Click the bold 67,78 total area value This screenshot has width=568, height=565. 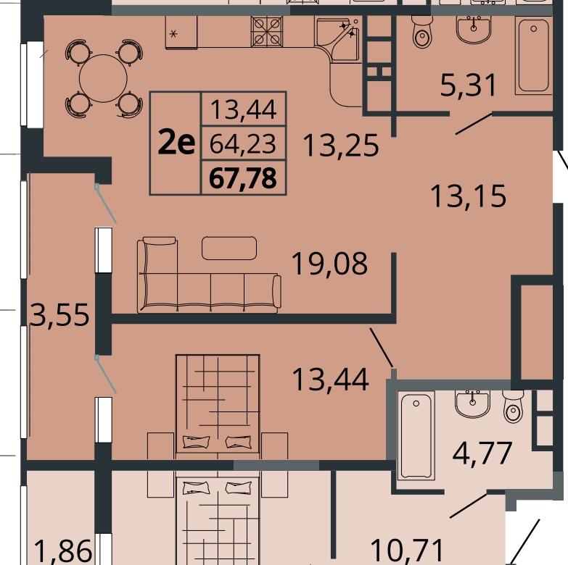tap(243, 178)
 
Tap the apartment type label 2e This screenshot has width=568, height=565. tap(177, 143)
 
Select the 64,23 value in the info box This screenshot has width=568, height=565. tap(243, 143)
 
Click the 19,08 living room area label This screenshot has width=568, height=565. tap(329, 264)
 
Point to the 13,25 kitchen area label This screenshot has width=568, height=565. tap(341, 146)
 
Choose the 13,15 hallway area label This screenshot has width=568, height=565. tap(468, 196)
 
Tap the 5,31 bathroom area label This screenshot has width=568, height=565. tap(468, 85)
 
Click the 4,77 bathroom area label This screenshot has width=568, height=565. tap(482, 453)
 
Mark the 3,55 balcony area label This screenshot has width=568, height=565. tap(59, 314)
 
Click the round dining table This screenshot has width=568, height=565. tap(103, 78)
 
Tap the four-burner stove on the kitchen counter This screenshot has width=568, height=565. tap(267, 31)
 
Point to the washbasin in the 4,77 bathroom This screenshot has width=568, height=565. tap(473, 403)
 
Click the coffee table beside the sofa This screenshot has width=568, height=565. tap(229, 248)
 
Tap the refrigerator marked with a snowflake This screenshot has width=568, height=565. tap(181, 32)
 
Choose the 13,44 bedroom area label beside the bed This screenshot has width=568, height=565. tap(330, 380)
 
